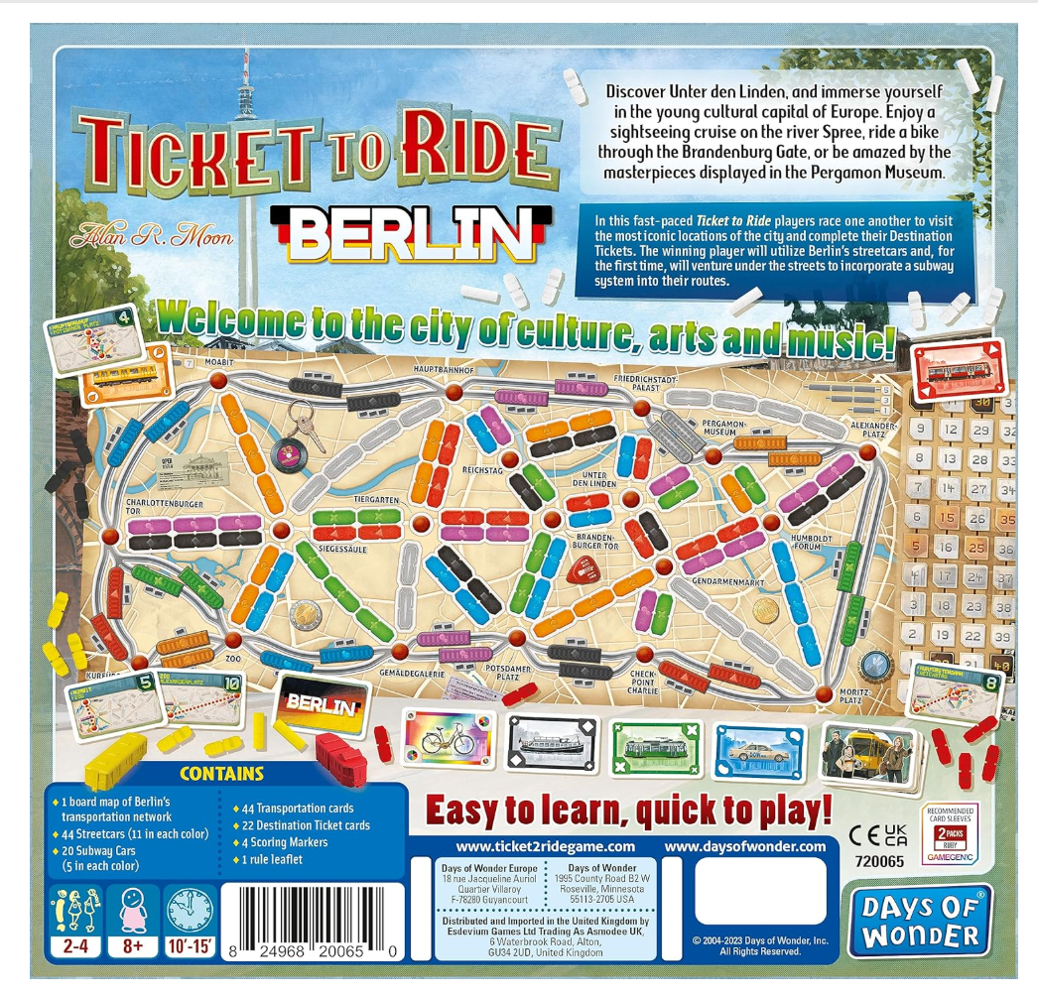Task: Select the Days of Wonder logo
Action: pos(919,921)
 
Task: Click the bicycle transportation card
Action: pos(448,740)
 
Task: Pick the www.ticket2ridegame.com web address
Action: pos(545,846)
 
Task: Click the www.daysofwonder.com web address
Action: pos(744,846)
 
